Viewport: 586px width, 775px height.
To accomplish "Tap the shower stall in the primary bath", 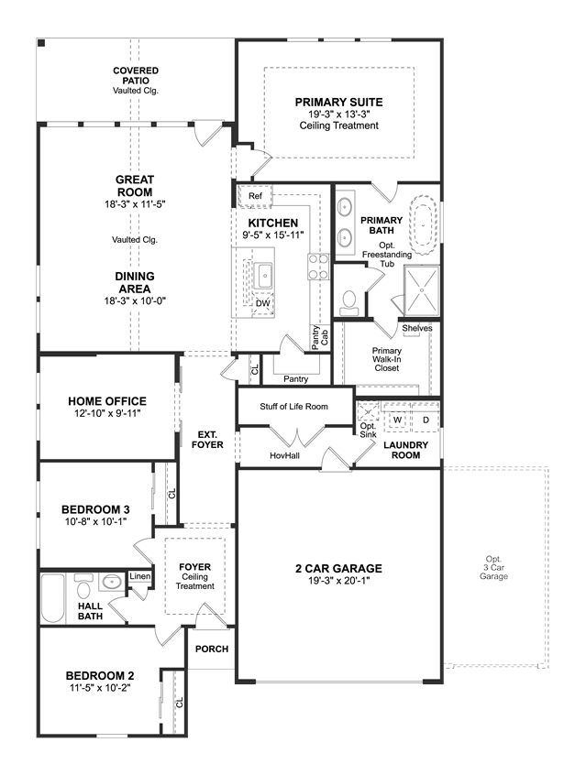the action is point(422,290).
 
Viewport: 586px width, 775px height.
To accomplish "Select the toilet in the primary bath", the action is point(350,303).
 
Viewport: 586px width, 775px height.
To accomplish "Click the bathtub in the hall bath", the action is point(52,597).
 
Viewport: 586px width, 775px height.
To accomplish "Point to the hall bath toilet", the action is point(83,586).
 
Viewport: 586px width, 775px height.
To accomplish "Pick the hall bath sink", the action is point(111,582).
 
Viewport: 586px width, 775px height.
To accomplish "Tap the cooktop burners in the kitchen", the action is point(318,267).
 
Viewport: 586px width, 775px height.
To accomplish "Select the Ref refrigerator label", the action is point(255,196).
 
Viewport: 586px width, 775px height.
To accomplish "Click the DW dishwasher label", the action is point(263,303).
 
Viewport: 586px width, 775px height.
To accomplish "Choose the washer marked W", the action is point(397,420).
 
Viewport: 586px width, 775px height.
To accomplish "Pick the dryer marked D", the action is point(426,420).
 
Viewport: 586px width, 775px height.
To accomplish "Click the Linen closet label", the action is point(139,576).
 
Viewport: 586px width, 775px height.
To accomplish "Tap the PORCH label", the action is point(212,649).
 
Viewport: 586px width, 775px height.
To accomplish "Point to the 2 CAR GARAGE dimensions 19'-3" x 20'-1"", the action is point(339,581).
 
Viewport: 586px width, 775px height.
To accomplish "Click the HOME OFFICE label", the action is point(107,401).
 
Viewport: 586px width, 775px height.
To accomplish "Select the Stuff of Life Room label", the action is point(294,407).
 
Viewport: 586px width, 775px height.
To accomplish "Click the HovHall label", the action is point(284,455).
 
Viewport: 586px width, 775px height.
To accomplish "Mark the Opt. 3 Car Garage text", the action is point(493,567).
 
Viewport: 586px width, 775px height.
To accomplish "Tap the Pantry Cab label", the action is point(320,338).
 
